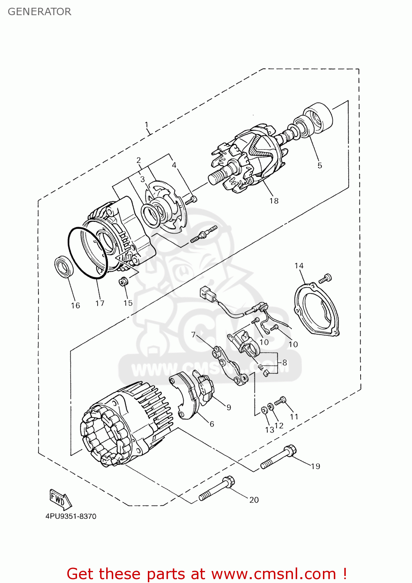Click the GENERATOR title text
click(39, 12)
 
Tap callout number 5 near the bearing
click(319, 166)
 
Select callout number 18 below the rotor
click(274, 201)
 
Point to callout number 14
click(299, 266)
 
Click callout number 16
click(75, 305)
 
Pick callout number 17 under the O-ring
click(100, 303)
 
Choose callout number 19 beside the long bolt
click(316, 466)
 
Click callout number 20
click(254, 500)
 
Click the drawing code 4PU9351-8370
click(71, 517)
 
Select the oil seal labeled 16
click(64, 267)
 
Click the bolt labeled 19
click(279, 457)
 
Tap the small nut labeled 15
click(123, 281)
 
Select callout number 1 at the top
click(147, 125)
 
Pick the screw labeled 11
click(280, 401)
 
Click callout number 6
click(212, 424)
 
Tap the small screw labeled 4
click(191, 200)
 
